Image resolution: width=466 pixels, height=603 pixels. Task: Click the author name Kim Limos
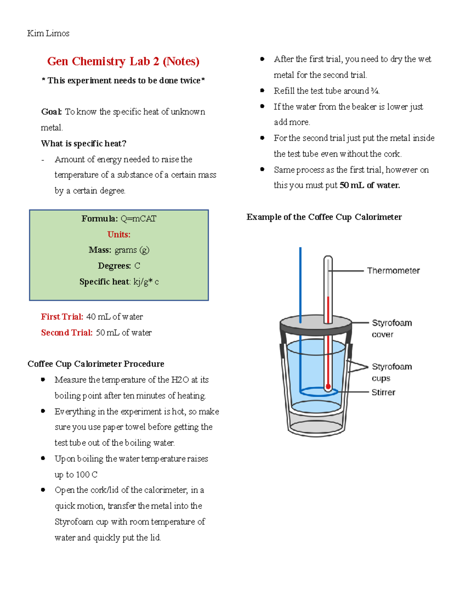(x=48, y=33)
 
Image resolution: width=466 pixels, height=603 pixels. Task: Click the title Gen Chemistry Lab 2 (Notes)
(x=123, y=61)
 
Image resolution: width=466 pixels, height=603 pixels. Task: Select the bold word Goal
(x=51, y=112)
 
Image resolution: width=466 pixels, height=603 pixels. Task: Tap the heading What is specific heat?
(x=83, y=144)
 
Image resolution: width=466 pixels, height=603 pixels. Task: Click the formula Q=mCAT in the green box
(x=138, y=219)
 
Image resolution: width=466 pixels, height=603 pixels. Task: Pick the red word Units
(x=119, y=235)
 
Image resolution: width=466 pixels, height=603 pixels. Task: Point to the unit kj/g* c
(x=146, y=282)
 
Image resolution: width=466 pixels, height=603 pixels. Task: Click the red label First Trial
(x=62, y=317)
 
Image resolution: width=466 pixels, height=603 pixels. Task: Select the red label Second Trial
(x=67, y=333)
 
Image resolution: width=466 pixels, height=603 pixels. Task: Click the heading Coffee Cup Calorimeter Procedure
(x=96, y=364)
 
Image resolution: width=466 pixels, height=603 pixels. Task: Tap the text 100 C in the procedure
(x=87, y=474)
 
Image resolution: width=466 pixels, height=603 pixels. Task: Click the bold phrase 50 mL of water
(x=370, y=185)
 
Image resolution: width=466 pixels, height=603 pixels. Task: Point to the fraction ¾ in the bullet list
(x=374, y=91)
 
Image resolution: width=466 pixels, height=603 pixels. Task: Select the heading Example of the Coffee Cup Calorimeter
(x=324, y=217)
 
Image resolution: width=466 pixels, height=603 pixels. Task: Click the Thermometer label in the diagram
(x=393, y=271)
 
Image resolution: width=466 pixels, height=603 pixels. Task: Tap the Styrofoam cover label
(x=391, y=328)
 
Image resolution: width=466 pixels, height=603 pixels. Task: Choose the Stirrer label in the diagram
(x=383, y=392)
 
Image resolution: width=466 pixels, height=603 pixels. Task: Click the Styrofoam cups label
(x=391, y=372)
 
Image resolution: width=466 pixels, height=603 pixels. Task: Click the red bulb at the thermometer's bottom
(x=328, y=387)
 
